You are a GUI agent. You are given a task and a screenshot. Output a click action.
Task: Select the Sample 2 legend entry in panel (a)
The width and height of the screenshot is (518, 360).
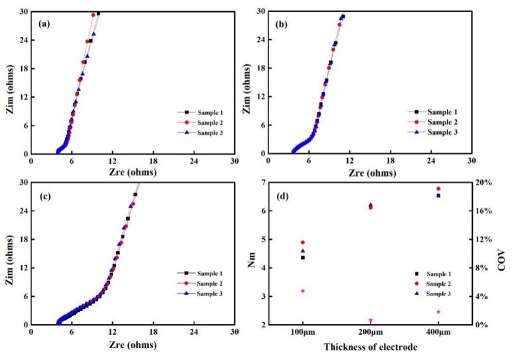203,124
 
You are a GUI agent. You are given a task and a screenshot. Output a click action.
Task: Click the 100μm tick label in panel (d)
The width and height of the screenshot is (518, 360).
302,332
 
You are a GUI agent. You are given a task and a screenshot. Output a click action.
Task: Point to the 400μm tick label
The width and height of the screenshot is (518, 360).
438,332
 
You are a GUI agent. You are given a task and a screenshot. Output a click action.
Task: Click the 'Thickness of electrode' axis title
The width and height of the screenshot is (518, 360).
370,347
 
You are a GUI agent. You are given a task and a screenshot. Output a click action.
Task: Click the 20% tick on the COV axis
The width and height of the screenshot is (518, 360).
486,183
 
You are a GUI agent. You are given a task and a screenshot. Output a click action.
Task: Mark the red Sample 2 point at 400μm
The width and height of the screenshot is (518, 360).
438,189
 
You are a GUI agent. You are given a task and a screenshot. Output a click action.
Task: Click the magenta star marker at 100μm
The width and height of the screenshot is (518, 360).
303,291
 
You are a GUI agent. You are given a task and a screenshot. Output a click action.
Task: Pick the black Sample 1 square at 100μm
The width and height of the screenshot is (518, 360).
303,257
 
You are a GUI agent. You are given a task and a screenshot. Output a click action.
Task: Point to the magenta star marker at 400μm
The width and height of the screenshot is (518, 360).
438,312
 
